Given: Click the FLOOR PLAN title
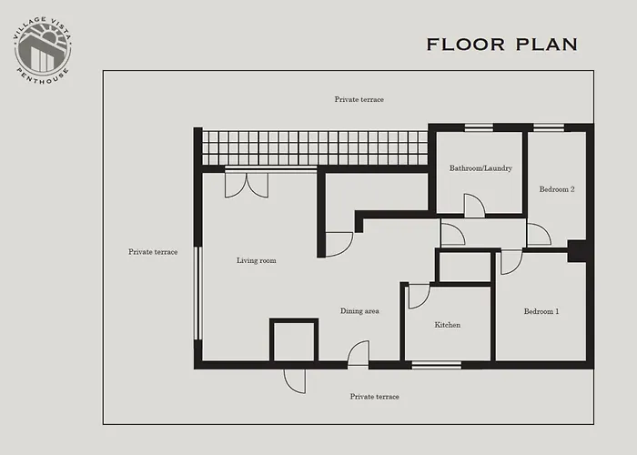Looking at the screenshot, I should (x=501, y=45).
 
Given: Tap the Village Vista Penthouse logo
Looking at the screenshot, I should (x=43, y=48).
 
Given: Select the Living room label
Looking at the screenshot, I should (x=256, y=261).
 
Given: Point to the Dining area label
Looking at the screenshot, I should (x=359, y=311).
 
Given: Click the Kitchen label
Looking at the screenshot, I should (x=447, y=325).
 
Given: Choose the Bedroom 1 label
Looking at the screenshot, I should (x=541, y=311).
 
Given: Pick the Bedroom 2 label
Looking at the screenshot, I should (x=557, y=189).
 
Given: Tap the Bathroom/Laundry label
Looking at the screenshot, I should (x=480, y=168).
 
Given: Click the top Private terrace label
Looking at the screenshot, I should (x=359, y=99).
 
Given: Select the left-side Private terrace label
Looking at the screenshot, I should (x=153, y=252).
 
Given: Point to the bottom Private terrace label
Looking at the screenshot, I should (x=374, y=397).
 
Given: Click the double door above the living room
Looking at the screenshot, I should (x=246, y=183).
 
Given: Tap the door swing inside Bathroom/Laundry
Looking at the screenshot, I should (x=474, y=207).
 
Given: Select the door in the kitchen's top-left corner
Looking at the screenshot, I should (x=418, y=296).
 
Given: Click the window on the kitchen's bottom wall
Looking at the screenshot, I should (x=436, y=365).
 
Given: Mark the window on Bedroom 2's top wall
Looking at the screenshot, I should (x=548, y=127).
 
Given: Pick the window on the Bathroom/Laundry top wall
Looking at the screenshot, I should (x=479, y=127).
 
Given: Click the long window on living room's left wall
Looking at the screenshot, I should (x=197, y=293).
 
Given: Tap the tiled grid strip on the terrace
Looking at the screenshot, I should (x=314, y=147).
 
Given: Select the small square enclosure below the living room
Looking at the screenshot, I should (x=293, y=341).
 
